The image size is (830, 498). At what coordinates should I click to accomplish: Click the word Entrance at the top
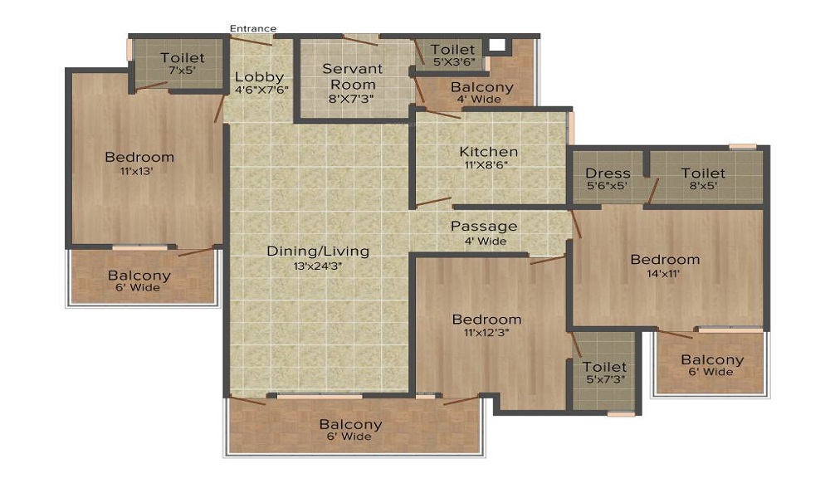(x=253, y=29)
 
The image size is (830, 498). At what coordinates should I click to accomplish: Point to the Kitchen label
(x=489, y=152)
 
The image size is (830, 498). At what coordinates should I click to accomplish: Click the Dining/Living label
(x=318, y=251)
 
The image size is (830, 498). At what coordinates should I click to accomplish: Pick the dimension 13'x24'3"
(x=318, y=266)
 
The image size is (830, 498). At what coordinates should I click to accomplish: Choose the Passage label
(x=484, y=226)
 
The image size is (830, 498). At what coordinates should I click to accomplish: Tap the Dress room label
(x=608, y=173)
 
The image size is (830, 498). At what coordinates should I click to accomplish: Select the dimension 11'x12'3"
(x=486, y=333)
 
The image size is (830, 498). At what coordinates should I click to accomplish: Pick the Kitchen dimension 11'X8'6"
(x=489, y=165)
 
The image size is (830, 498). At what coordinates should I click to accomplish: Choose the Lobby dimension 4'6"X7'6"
(x=260, y=90)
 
